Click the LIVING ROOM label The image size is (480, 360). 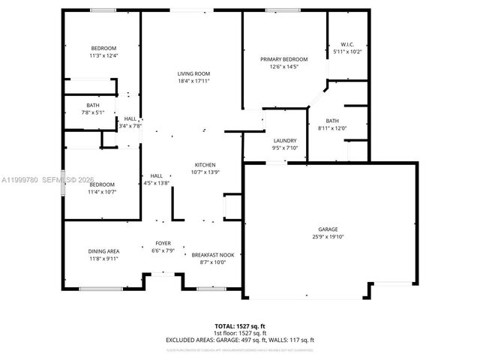tap(193, 73)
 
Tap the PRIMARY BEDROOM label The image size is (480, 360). tap(284, 59)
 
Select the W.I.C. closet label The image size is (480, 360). tap(347, 44)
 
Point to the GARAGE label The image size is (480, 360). tap(328, 229)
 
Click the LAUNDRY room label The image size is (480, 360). tap(284, 140)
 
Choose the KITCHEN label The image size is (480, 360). tap(205, 165)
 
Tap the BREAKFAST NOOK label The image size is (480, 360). tap(213, 255)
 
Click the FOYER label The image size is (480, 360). tap(163, 243)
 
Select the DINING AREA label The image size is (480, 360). tap(104, 251)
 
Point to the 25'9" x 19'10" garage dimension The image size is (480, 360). tap(328, 237)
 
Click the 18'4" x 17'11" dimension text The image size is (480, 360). tap(193, 81)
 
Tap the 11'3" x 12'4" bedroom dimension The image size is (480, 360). tap(104, 55)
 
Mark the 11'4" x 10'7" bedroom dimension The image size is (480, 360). tap(102, 192)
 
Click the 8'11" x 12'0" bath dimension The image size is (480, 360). tap(332, 128)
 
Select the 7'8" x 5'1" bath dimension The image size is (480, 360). tap(93, 112)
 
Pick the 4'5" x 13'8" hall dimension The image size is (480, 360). tap(157, 183)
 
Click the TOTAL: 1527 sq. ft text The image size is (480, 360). tap(239, 327)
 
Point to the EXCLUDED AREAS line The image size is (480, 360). tap(239, 340)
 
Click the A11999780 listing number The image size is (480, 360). tap(19, 180)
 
